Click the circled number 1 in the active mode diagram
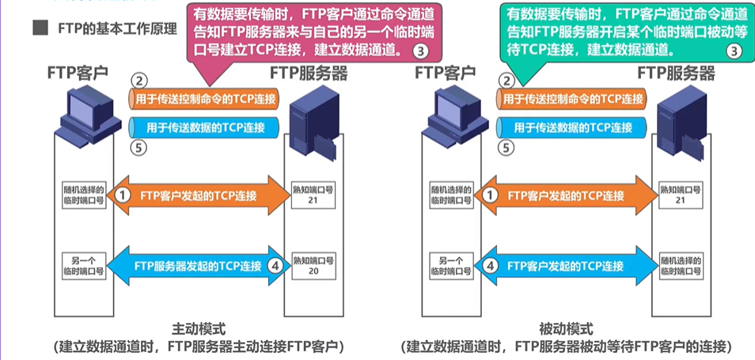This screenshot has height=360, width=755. coord(122,194)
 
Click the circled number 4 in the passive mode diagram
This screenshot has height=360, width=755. coord(489,266)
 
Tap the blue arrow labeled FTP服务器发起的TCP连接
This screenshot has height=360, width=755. coord(198,266)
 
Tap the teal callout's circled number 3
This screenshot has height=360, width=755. coord(734,51)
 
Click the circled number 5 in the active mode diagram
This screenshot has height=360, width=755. coord(138,147)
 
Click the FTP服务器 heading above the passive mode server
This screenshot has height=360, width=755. coord(678,74)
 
